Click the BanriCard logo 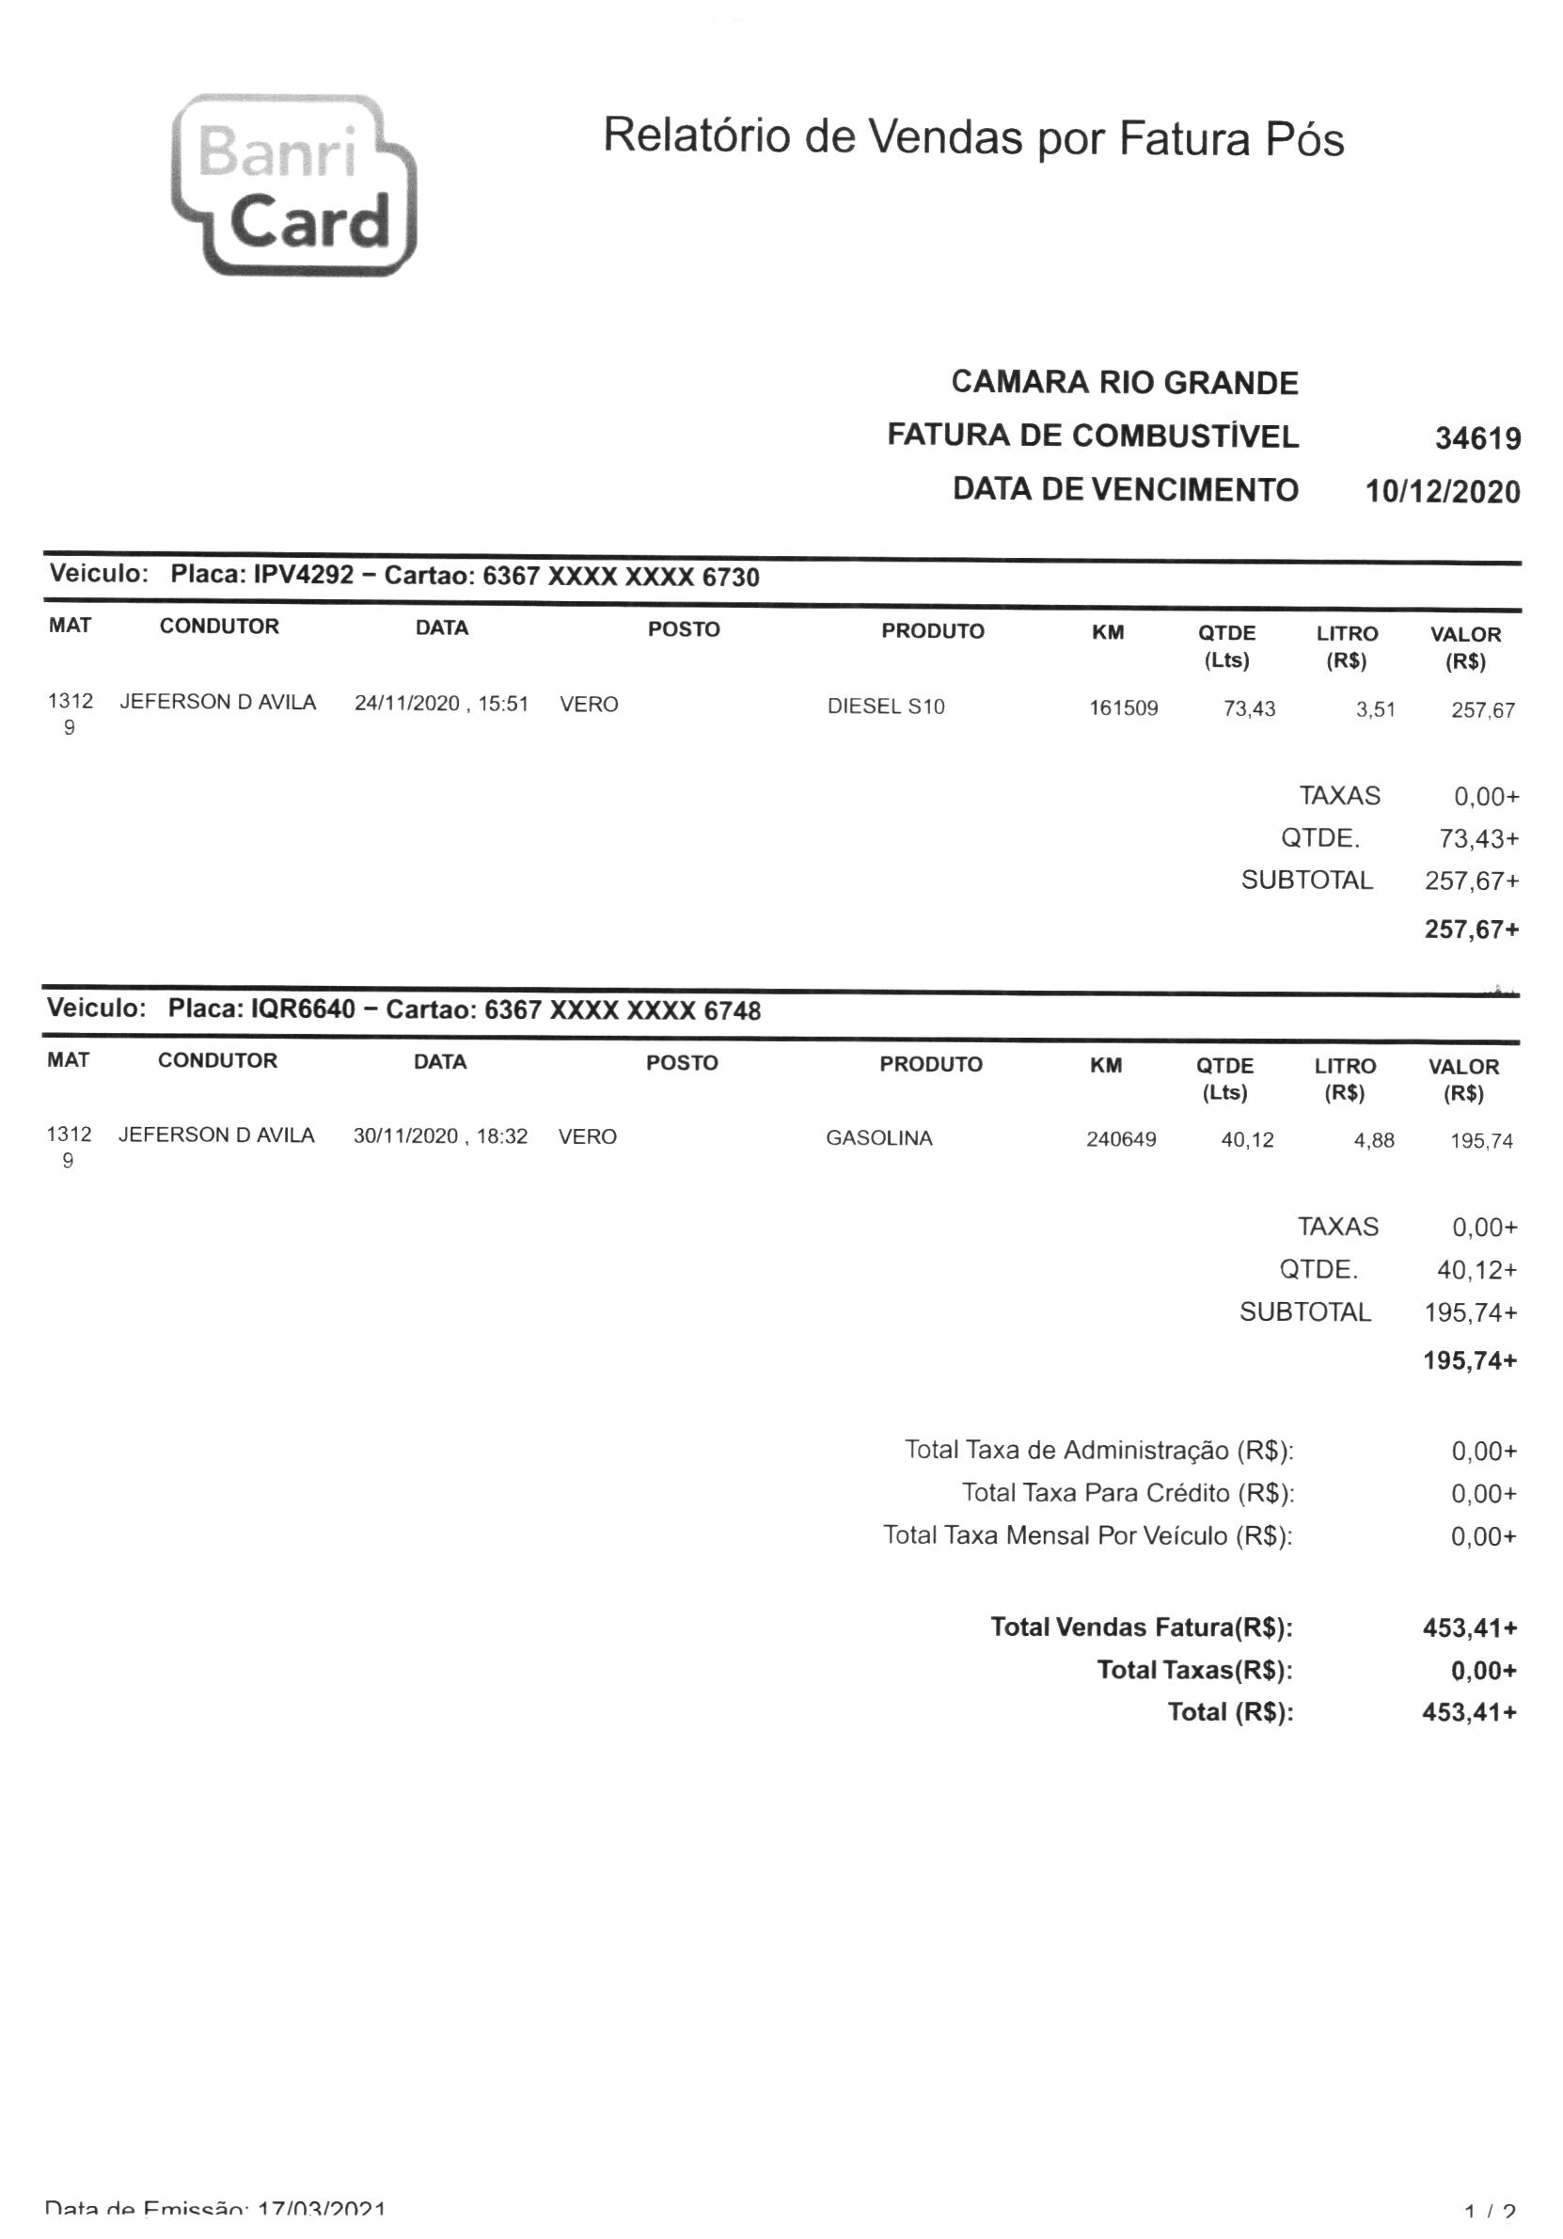click(293, 185)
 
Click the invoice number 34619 click(1477, 438)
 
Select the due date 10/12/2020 click(1442, 491)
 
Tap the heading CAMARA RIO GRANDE click(1124, 382)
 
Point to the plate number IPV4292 click(303, 575)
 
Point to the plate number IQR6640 click(303, 1008)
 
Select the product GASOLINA click(878, 1138)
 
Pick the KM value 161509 click(1123, 709)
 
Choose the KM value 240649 click(1121, 1139)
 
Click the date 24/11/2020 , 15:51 click(441, 704)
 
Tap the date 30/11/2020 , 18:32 click(440, 1136)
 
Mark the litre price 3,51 click(1375, 710)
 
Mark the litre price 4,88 click(1374, 1140)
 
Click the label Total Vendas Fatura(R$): click(1141, 1627)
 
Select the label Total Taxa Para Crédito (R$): click(1128, 1493)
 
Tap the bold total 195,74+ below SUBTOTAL click(1469, 1360)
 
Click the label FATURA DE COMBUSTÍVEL click(1092, 436)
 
